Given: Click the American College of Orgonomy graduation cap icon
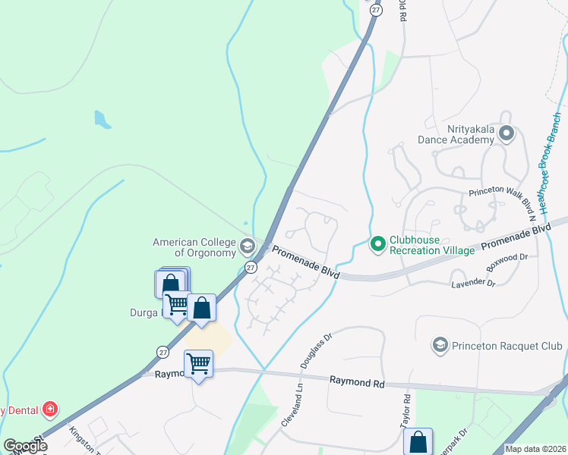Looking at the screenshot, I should (x=247, y=246).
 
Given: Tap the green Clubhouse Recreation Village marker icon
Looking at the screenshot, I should (x=377, y=244).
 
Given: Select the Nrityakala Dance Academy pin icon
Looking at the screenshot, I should (x=507, y=134).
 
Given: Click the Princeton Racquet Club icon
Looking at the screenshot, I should (x=440, y=346).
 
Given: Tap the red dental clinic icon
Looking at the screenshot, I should (x=50, y=410).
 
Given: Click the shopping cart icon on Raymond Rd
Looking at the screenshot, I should (x=198, y=364).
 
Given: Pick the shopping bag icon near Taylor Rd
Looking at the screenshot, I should (x=418, y=441).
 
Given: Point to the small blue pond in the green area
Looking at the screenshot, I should (x=101, y=119).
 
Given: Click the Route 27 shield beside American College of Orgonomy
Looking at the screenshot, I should (x=251, y=268).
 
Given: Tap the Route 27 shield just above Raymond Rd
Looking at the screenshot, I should (x=163, y=352).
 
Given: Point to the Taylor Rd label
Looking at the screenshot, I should (x=405, y=409).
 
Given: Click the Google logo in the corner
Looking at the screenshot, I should (x=24, y=446).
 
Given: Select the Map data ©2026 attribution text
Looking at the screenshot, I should (x=535, y=449).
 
